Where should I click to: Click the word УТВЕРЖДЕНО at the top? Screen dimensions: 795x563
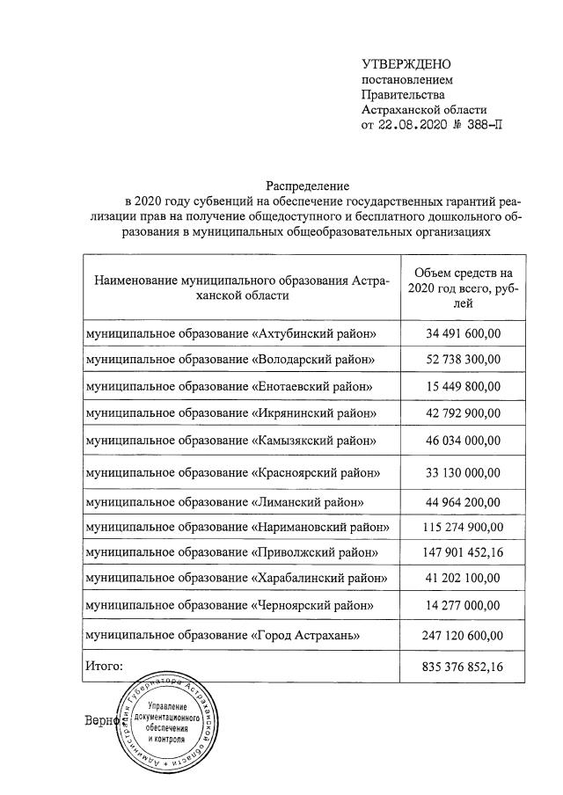406,64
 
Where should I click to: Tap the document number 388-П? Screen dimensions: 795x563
483,125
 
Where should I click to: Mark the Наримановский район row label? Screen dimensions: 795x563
237,527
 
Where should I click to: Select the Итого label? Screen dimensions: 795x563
105,666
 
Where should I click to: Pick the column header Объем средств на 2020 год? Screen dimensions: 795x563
463,288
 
